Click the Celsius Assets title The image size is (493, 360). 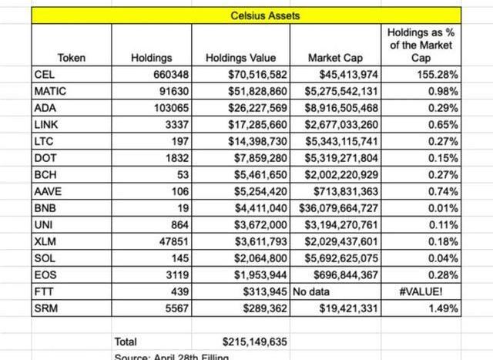[246, 15]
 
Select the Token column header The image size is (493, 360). [71, 58]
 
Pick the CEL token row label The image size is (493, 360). [43, 75]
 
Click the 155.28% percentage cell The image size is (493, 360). [438, 75]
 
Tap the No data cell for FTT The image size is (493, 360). [311, 291]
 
